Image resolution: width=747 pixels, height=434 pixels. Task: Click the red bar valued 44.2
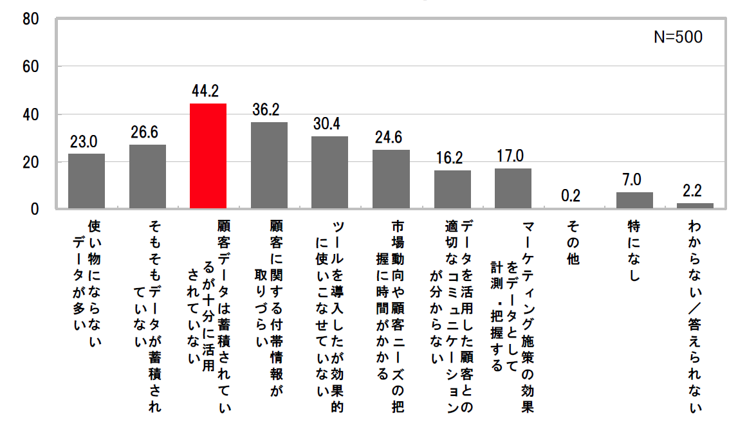pyautogui.click(x=208, y=156)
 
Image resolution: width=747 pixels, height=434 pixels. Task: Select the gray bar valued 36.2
pyautogui.click(x=269, y=165)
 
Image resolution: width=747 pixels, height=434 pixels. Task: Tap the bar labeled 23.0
pyautogui.click(x=86, y=181)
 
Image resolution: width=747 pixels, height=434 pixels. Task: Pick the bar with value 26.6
pyautogui.click(x=147, y=177)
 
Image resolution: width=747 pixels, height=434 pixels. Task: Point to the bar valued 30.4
pyautogui.click(x=329, y=172)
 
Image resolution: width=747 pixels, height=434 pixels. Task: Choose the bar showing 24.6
pyautogui.click(x=391, y=179)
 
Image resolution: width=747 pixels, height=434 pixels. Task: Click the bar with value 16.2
pyautogui.click(x=452, y=190)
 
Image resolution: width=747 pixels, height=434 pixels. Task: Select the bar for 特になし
pyautogui.click(x=634, y=201)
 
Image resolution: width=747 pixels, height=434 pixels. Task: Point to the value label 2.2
pyautogui.click(x=695, y=190)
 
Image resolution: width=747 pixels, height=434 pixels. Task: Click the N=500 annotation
pyautogui.click(x=678, y=37)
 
